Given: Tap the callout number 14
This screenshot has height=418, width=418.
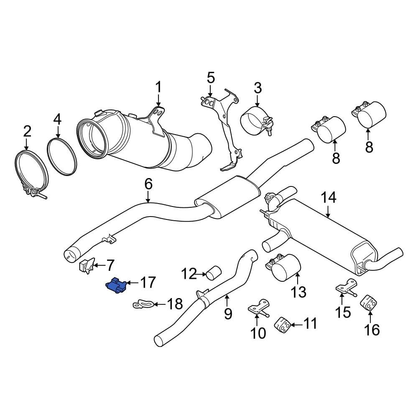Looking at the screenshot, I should [329, 198].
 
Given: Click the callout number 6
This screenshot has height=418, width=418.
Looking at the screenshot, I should [149, 184].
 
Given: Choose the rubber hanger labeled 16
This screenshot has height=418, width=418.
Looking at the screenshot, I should [370, 302].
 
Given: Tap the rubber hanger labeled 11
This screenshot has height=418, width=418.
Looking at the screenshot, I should [283, 325].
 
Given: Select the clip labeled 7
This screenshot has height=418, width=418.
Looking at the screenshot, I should [86, 266].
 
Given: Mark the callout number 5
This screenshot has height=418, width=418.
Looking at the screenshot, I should [211, 78].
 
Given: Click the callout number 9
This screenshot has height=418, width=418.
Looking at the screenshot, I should [228, 313].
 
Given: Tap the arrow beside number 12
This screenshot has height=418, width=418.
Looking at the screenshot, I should [201, 274].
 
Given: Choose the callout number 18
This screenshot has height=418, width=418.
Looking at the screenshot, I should [175, 304].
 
